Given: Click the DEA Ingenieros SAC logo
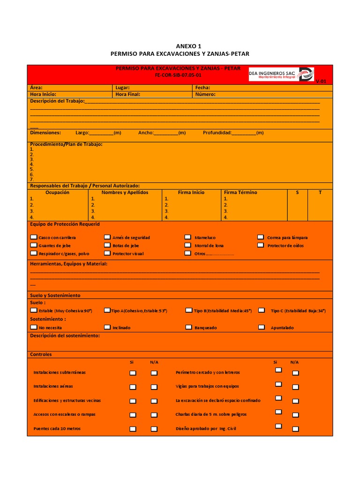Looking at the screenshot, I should pos(281,74).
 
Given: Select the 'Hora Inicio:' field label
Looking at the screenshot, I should pos(43,94).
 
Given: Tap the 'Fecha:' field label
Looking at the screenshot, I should pos(202,88).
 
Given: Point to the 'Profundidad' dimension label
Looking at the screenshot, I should pos(217,133).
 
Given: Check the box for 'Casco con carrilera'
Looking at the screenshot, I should pos(33,237).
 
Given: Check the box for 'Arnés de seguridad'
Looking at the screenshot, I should pos(107,237).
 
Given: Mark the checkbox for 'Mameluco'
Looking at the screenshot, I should pos(187,237).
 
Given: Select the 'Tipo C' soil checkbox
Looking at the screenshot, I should pos(262,310).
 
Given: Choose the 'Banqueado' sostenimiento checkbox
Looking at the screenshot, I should pos(188,327).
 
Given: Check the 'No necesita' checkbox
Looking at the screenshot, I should pos(33,327).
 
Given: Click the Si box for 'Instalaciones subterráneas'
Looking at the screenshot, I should pos(133,373).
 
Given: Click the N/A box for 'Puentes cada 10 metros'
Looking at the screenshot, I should pos(154,429).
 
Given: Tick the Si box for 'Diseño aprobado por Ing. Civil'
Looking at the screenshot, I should pos(278,426).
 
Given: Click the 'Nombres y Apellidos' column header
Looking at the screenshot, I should pos(125,192).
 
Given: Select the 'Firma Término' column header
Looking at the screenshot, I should pos(240,192).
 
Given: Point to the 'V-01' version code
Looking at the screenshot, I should pos(321,81).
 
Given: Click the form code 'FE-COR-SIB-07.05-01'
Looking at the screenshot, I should pos(178,75).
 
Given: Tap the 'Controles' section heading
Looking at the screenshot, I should pos(41,354).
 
